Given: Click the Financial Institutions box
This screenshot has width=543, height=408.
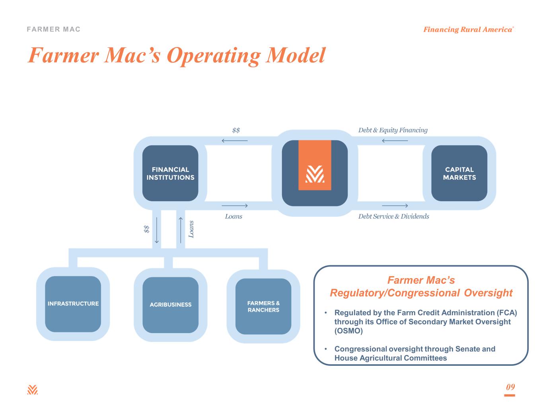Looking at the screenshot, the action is click(170, 173).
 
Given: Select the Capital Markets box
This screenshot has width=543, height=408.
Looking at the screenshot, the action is click(459, 173).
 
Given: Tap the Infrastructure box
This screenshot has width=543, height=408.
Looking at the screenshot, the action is click(73, 304).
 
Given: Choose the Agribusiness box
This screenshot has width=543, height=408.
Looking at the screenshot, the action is click(170, 305).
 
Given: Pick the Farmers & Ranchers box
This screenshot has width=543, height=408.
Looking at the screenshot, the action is click(263, 306).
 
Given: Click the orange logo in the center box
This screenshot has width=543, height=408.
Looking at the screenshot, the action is click(315, 165).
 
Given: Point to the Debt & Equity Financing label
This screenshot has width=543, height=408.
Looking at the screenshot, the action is click(393, 130).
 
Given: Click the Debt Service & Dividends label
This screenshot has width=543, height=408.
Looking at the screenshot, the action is click(393, 216).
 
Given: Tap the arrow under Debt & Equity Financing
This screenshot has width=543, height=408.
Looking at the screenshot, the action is click(395, 141).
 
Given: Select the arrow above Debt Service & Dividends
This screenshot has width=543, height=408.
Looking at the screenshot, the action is click(395, 206).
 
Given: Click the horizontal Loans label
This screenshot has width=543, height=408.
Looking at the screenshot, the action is click(234, 216).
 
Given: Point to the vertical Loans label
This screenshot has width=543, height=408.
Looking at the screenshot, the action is click(191, 229).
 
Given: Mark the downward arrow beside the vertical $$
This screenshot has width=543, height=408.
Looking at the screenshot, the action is click(157, 230).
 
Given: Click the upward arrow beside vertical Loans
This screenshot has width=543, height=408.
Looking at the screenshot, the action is click(181, 230).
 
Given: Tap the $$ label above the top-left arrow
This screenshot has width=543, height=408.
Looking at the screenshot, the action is click(236, 130).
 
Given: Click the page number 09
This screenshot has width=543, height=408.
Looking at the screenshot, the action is click(510, 387).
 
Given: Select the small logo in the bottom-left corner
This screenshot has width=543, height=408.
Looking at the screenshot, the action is click(32, 390).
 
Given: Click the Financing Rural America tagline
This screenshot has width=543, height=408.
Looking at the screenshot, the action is click(468, 29).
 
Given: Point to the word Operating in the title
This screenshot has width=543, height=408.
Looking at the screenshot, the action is click(214, 56).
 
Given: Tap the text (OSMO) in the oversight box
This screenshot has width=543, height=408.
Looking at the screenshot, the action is click(348, 331).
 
